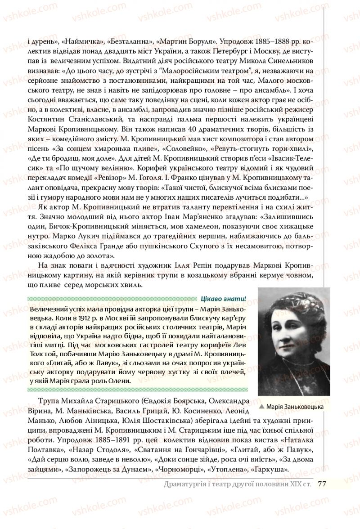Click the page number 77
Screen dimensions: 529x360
point(322,484)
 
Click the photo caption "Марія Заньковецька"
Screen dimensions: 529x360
point(295,407)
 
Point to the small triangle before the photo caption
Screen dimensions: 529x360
point(262,407)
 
